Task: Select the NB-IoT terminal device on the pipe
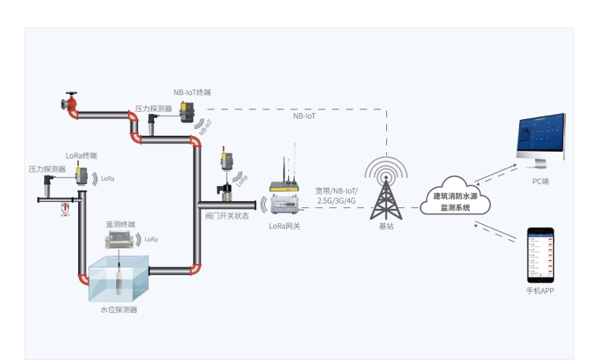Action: [x=187, y=111]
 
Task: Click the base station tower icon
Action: [x=386, y=189]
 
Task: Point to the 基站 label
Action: [x=386, y=226]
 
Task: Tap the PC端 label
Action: [x=540, y=182]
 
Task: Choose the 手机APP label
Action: [x=540, y=291]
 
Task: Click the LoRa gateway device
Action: [x=285, y=199]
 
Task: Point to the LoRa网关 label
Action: [x=285, y=226]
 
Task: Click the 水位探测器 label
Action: [x=119, y=310]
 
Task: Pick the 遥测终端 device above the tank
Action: [x=121, y=239]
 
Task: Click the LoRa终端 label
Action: [x=81, y=155]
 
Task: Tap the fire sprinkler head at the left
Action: [x=64, y=208]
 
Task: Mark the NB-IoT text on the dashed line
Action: [x=304, y=116]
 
